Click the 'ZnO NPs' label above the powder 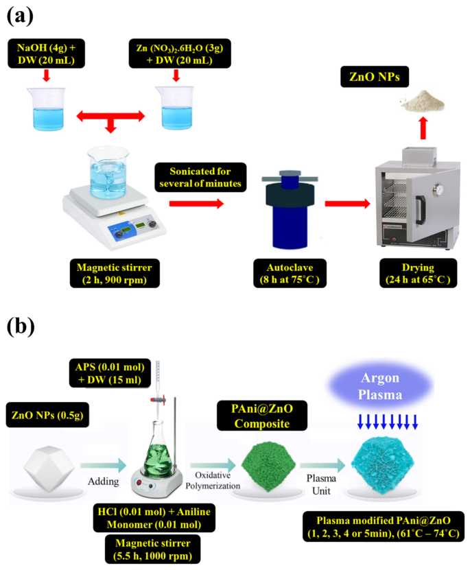[x=385, y=79]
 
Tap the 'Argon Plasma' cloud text [x=390, y=388]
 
